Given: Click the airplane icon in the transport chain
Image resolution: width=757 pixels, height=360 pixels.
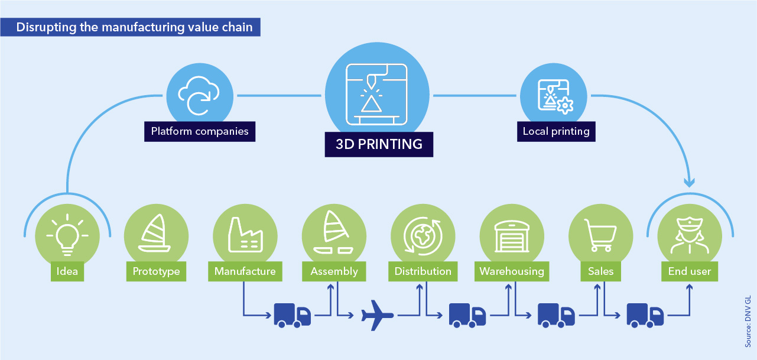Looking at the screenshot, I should [377, 315].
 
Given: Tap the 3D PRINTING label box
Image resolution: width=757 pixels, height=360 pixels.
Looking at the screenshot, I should [379, 144].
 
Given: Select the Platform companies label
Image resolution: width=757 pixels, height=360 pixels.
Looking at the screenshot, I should [200, 131].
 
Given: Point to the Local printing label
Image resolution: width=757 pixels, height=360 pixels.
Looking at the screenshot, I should [556, 131].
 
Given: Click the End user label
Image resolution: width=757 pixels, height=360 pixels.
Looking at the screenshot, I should [690, 271].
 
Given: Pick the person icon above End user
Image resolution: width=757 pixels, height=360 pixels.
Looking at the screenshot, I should [690, 236].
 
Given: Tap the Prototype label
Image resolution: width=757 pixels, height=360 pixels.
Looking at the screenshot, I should [156, 271].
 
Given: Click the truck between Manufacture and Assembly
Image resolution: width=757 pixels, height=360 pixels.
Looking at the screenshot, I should [292, 315].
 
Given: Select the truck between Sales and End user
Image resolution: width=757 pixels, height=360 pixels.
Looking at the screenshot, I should [645, 315].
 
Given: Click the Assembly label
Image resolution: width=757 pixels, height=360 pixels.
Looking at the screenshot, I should [334, 271].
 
